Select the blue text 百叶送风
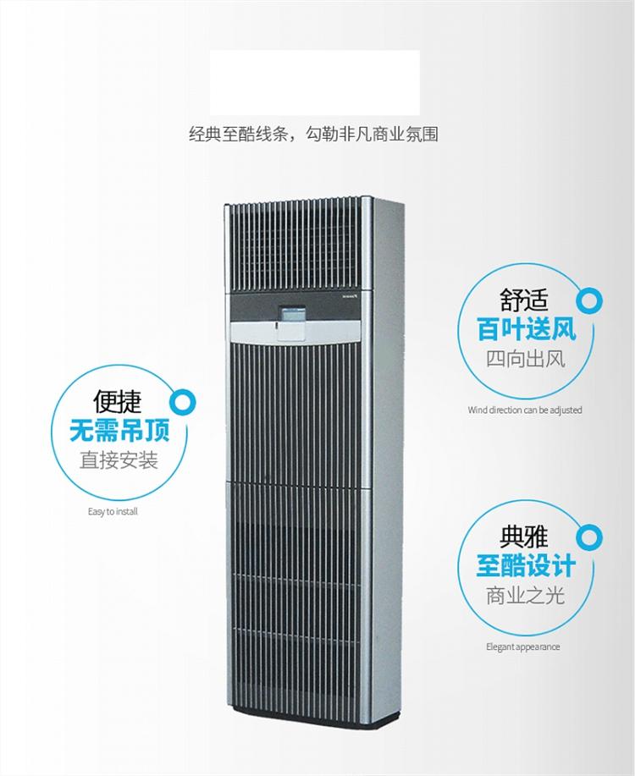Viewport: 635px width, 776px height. point(526,328)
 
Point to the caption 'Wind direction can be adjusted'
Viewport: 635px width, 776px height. point(525,410)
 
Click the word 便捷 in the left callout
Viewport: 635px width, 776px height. point(118,401)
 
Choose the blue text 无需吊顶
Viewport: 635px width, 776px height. point(119,431)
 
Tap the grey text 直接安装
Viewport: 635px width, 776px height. point(119,460)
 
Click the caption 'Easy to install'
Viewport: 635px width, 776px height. point(113,512)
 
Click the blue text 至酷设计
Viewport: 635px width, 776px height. point(526,565)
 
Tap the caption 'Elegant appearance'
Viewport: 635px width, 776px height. point(522,647)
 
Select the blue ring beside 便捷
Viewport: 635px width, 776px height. point(182,400)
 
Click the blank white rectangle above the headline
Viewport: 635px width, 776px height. point(315,82)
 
